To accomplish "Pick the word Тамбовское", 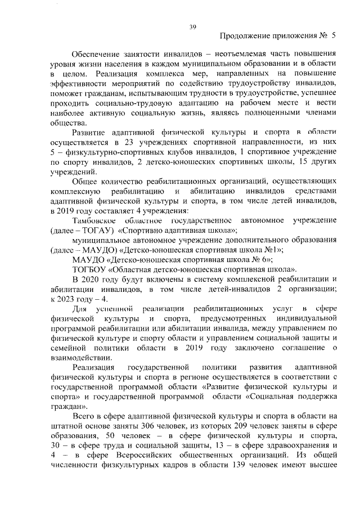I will (x=95, y=220).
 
